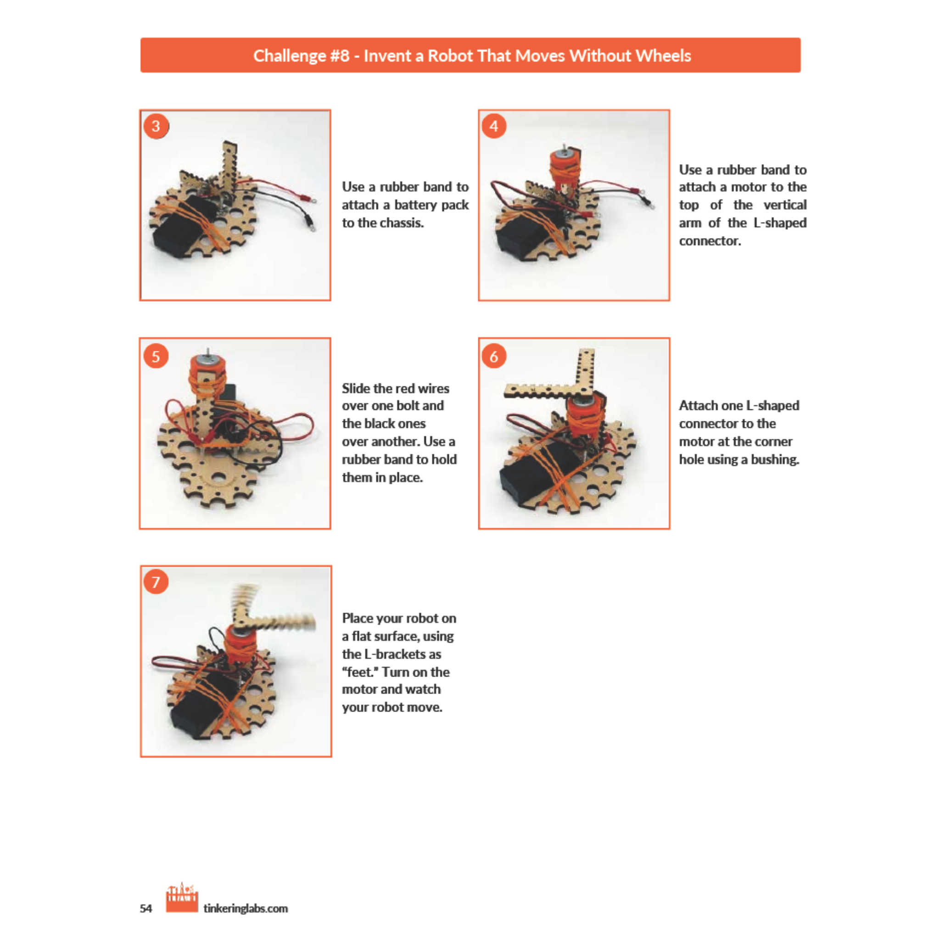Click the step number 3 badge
point(156,127)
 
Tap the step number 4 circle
point(494,127)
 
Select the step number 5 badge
point(156,356)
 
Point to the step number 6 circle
point(494,356)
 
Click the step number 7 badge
point(156,582)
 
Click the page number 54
point(146,908)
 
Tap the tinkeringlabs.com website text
point(246,908)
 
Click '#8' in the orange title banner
point(340,56)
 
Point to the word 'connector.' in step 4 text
point(710,241)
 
